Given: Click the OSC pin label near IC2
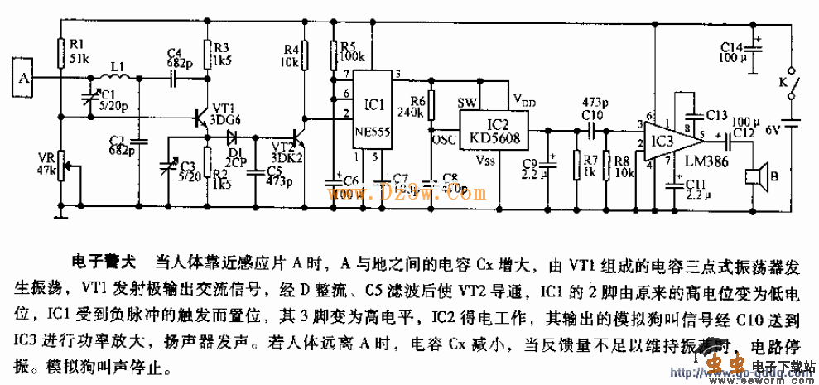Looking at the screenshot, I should (444, 139).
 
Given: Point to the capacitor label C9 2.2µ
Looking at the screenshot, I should (529, 171).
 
